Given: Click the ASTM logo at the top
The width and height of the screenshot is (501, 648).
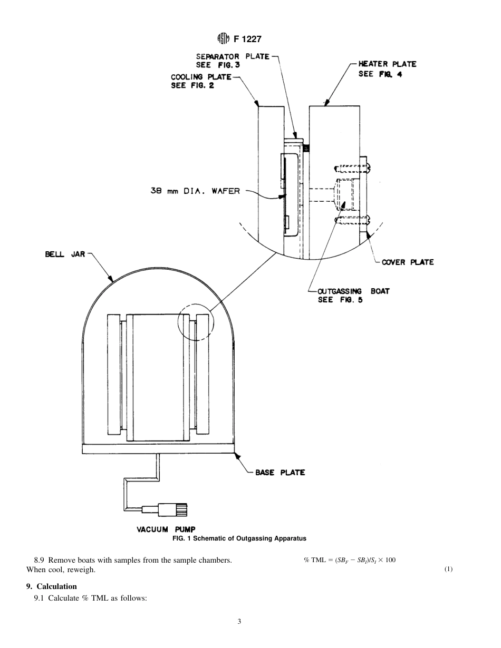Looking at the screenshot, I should [223, 38].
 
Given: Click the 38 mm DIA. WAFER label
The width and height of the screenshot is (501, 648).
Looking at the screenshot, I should [195, 191].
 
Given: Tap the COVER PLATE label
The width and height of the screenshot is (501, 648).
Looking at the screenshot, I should [408, 262].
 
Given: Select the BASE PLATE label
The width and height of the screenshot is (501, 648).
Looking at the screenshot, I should [280, 472].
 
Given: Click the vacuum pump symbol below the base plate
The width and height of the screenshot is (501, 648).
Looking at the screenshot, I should [167, 509].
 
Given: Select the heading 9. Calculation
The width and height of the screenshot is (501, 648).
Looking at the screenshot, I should [52, 586].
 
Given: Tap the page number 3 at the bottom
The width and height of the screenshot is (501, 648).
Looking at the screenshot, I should [239, 622].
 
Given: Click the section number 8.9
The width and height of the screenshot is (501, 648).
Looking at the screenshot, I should [40, 560].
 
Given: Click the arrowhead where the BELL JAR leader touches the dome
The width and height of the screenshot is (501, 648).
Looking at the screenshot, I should [112, 281].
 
